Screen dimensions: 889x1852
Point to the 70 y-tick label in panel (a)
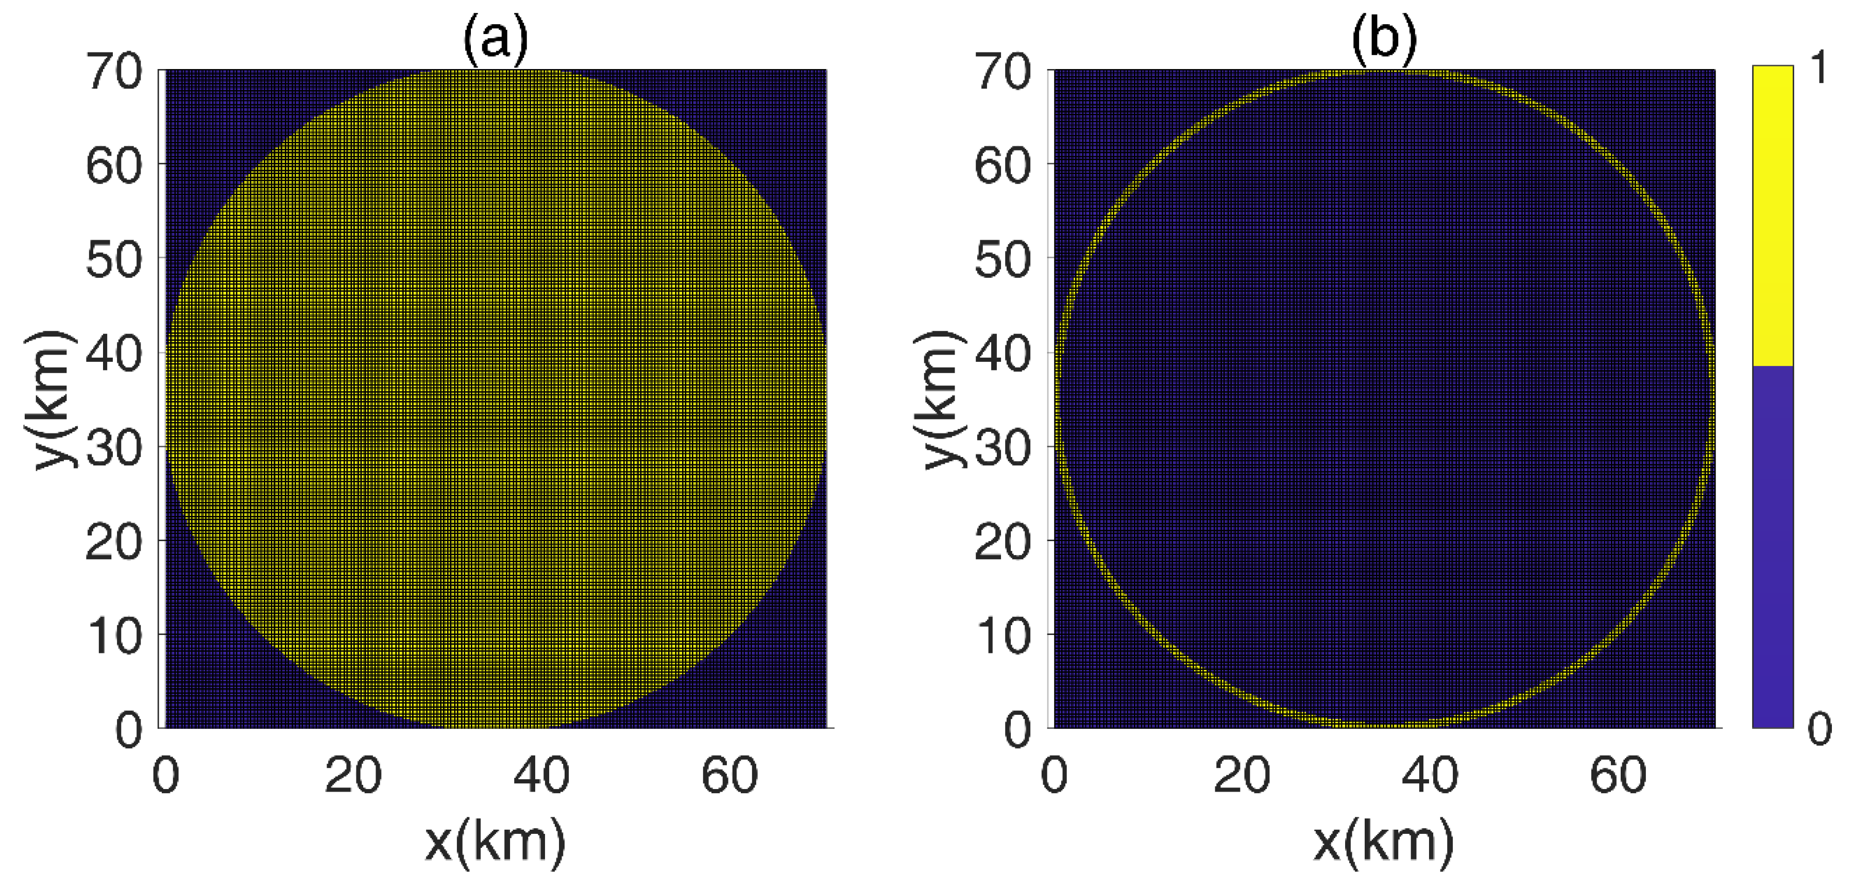114,72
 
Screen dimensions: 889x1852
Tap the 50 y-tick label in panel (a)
114,260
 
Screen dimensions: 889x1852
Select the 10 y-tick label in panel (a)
114,635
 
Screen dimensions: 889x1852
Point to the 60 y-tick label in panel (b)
1003,165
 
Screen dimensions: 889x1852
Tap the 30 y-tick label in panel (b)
1003,447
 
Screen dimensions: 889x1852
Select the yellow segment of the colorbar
1772,216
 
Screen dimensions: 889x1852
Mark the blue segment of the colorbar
1772,547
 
